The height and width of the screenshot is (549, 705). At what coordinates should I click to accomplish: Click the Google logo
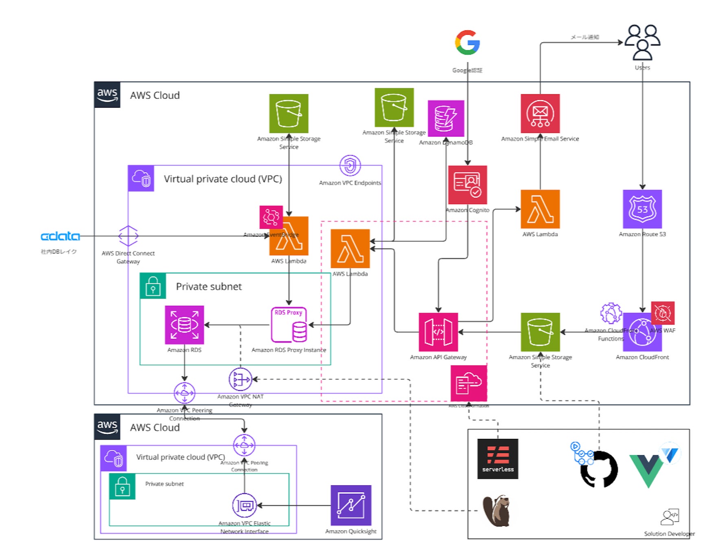click(x=467, y=42)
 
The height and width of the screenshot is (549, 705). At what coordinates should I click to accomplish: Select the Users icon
click(x=642, y=42)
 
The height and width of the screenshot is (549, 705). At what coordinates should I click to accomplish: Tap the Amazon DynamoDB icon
click(x=446, y=118)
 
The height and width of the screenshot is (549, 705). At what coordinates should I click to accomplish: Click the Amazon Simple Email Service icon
click(x=540, y=113)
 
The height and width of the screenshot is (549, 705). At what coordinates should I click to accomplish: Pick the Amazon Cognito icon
click(x=467, y=185)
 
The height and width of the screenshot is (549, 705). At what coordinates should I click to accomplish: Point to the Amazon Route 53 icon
click(x=642, y=209)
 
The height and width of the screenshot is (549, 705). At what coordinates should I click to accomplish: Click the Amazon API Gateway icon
click(x=438, y=332)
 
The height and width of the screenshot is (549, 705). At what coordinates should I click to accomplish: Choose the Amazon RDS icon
click(x=184, y=325)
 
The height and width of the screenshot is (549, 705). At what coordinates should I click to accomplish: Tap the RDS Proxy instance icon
click(x=289, y=325)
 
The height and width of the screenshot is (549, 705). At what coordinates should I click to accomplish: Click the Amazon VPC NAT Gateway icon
click(x=240, y=379)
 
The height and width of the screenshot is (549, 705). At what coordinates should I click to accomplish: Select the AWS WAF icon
click(x=663, y=313)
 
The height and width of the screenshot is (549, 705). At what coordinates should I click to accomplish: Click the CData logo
click(x=60, y=236)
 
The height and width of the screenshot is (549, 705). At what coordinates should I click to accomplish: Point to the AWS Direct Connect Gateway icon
click(x=128, y=236)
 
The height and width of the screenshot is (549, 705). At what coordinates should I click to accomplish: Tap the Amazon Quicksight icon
click(x=351, y=505)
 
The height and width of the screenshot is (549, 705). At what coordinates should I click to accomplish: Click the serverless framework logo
click(x=497, y=459)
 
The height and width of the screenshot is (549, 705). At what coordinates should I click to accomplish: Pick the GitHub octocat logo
click(x=599, y=469)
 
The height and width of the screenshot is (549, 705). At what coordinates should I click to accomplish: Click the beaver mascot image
click(x=497, y=511)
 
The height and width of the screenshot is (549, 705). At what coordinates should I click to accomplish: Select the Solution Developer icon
click(x=670, y=517)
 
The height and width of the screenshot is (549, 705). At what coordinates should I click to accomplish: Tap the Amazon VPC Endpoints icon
click(x=350, y=166)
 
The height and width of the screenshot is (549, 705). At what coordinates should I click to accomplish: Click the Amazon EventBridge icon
click(x=271, y=217)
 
